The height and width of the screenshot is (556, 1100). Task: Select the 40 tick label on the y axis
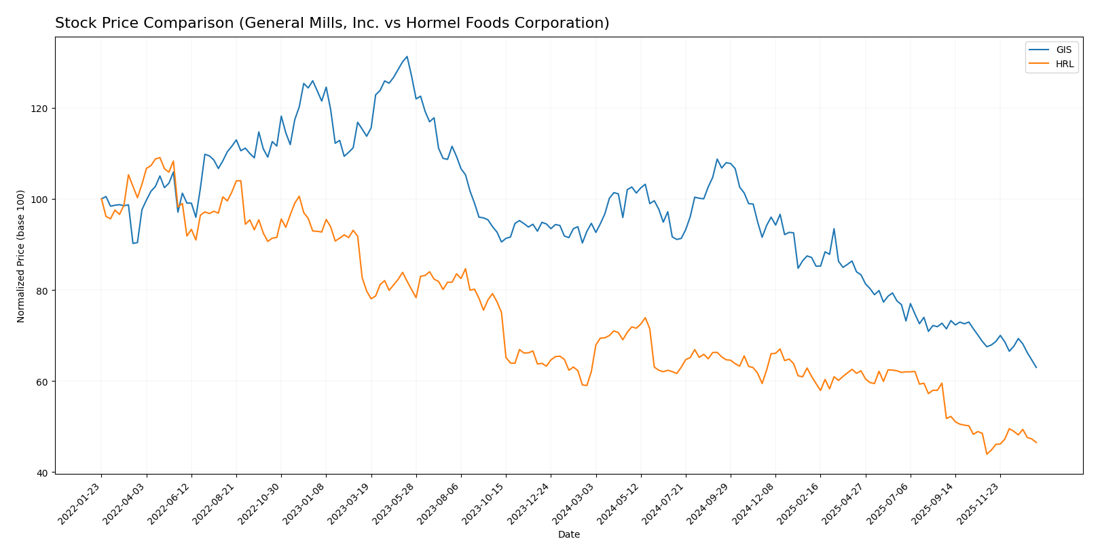[x=44, y=472]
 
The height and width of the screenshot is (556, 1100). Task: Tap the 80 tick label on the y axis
[x=44, y=291]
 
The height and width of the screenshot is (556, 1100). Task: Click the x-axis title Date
[x=568, y=535]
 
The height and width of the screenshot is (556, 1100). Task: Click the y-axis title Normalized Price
[x=21, y=255]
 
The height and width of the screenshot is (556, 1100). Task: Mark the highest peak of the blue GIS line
[x=407, y=56]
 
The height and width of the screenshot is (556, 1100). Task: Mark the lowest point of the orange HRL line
[x=987, y=453]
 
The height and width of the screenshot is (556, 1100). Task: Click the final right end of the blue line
[x=1036, y=367]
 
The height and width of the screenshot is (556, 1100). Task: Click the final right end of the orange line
[x=1036, y=443]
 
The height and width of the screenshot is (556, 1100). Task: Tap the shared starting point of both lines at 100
[x=102, y=199]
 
